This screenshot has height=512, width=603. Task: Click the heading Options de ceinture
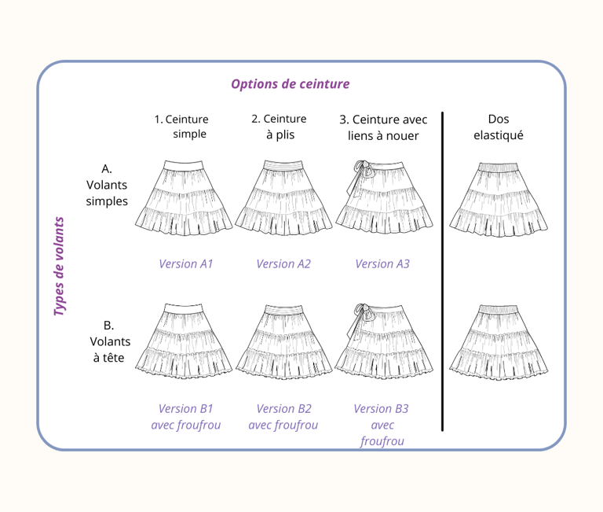pos(290,84)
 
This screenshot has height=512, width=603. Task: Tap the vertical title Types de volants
pos(60,267)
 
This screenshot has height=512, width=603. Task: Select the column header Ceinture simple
pos(182,127)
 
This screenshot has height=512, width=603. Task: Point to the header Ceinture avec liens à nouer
pos(383,127)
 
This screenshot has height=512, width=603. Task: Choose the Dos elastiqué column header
pos(498,127)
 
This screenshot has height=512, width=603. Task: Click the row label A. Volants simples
pos(107,185)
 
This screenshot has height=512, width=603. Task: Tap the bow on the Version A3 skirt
pos(362,170)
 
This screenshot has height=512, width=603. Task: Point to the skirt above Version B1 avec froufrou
pos(185,341)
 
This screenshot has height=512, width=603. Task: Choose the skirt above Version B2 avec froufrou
pos(283,341)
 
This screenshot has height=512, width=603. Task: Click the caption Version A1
pos(186,263)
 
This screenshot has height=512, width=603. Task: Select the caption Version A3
pos(382,263)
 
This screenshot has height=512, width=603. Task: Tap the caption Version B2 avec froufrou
pos(283,417)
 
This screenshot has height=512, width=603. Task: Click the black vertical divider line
pos(443,271)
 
